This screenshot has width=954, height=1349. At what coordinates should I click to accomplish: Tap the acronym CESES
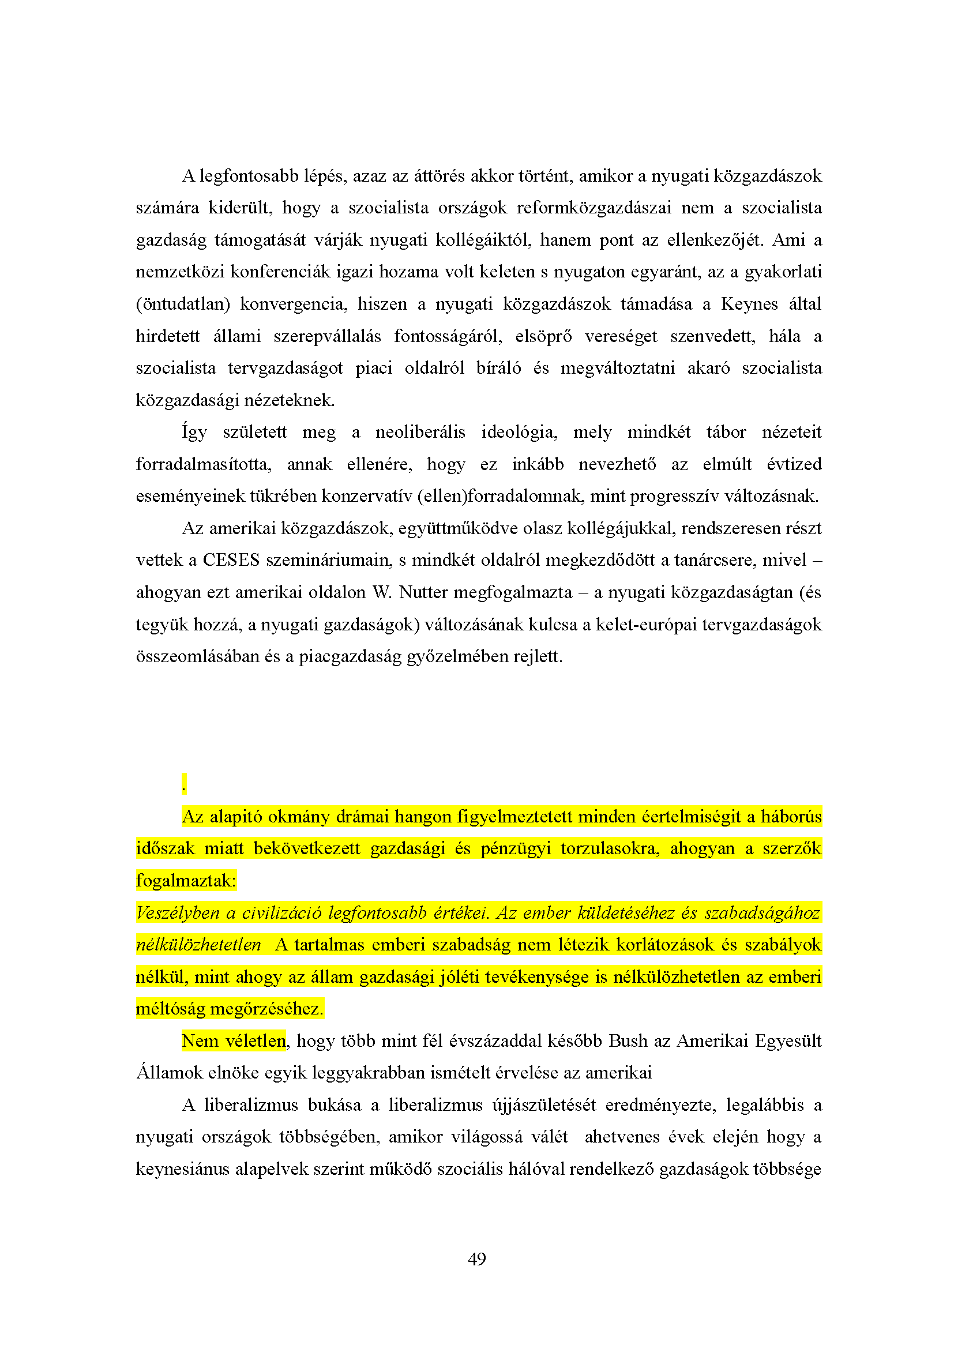pos(231,560)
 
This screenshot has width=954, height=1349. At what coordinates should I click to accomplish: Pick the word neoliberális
pos(420,433)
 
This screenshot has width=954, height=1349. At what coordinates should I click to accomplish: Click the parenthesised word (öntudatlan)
pos(183,305)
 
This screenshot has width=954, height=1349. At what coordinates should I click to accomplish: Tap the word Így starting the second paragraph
pos(194,433)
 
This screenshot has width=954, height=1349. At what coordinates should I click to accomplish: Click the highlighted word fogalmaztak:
pos(186,881)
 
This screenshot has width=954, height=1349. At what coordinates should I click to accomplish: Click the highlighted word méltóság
pos(170,1009)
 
